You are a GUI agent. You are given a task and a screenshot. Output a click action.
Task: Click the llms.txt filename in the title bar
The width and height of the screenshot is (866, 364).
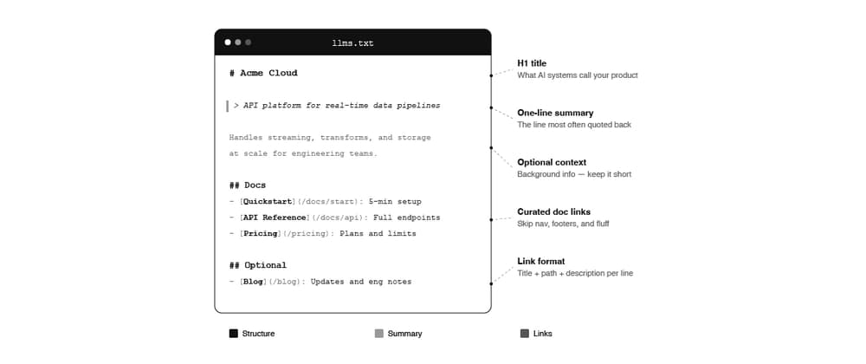pos(353,42)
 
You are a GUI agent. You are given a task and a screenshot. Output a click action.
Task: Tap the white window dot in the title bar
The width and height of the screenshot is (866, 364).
pos(228,42)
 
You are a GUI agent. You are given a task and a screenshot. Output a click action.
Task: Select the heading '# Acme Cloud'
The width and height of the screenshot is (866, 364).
pos(263,73)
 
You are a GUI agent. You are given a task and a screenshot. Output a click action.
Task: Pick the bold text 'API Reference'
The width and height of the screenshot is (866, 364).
pos(277,218)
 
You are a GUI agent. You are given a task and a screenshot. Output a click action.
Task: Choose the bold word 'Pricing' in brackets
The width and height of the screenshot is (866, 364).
pos(260,234)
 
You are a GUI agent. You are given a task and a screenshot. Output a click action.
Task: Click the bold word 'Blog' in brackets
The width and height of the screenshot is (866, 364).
pos(253,282)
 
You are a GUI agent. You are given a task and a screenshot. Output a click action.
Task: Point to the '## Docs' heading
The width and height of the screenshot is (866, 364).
pos(248,185)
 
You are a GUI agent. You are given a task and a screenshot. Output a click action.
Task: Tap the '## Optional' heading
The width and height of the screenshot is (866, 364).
pos(258,265)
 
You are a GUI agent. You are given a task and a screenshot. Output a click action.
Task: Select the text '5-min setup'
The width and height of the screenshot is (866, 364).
pos(396,202)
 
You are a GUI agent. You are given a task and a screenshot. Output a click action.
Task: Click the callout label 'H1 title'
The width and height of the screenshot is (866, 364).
pos(532,63)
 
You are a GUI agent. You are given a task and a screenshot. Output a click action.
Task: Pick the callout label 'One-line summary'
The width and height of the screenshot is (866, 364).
pos(555,113)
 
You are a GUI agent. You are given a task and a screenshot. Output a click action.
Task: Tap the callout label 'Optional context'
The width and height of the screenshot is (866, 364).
pos(552,162)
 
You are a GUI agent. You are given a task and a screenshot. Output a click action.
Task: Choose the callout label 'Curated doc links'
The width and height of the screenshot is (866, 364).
pos(553,211)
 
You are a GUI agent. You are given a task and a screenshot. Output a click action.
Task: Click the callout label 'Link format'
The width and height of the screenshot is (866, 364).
pos(541,261)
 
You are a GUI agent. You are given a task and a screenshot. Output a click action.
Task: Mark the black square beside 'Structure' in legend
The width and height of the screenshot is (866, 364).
pos(234,334)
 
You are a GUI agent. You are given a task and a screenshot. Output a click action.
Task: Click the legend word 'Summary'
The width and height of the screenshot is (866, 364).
pos(404,334)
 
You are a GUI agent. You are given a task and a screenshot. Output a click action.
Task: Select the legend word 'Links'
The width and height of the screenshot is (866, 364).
pos(543,334)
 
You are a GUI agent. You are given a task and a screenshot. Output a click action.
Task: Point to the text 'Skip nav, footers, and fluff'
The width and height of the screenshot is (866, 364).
pos(563,224)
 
